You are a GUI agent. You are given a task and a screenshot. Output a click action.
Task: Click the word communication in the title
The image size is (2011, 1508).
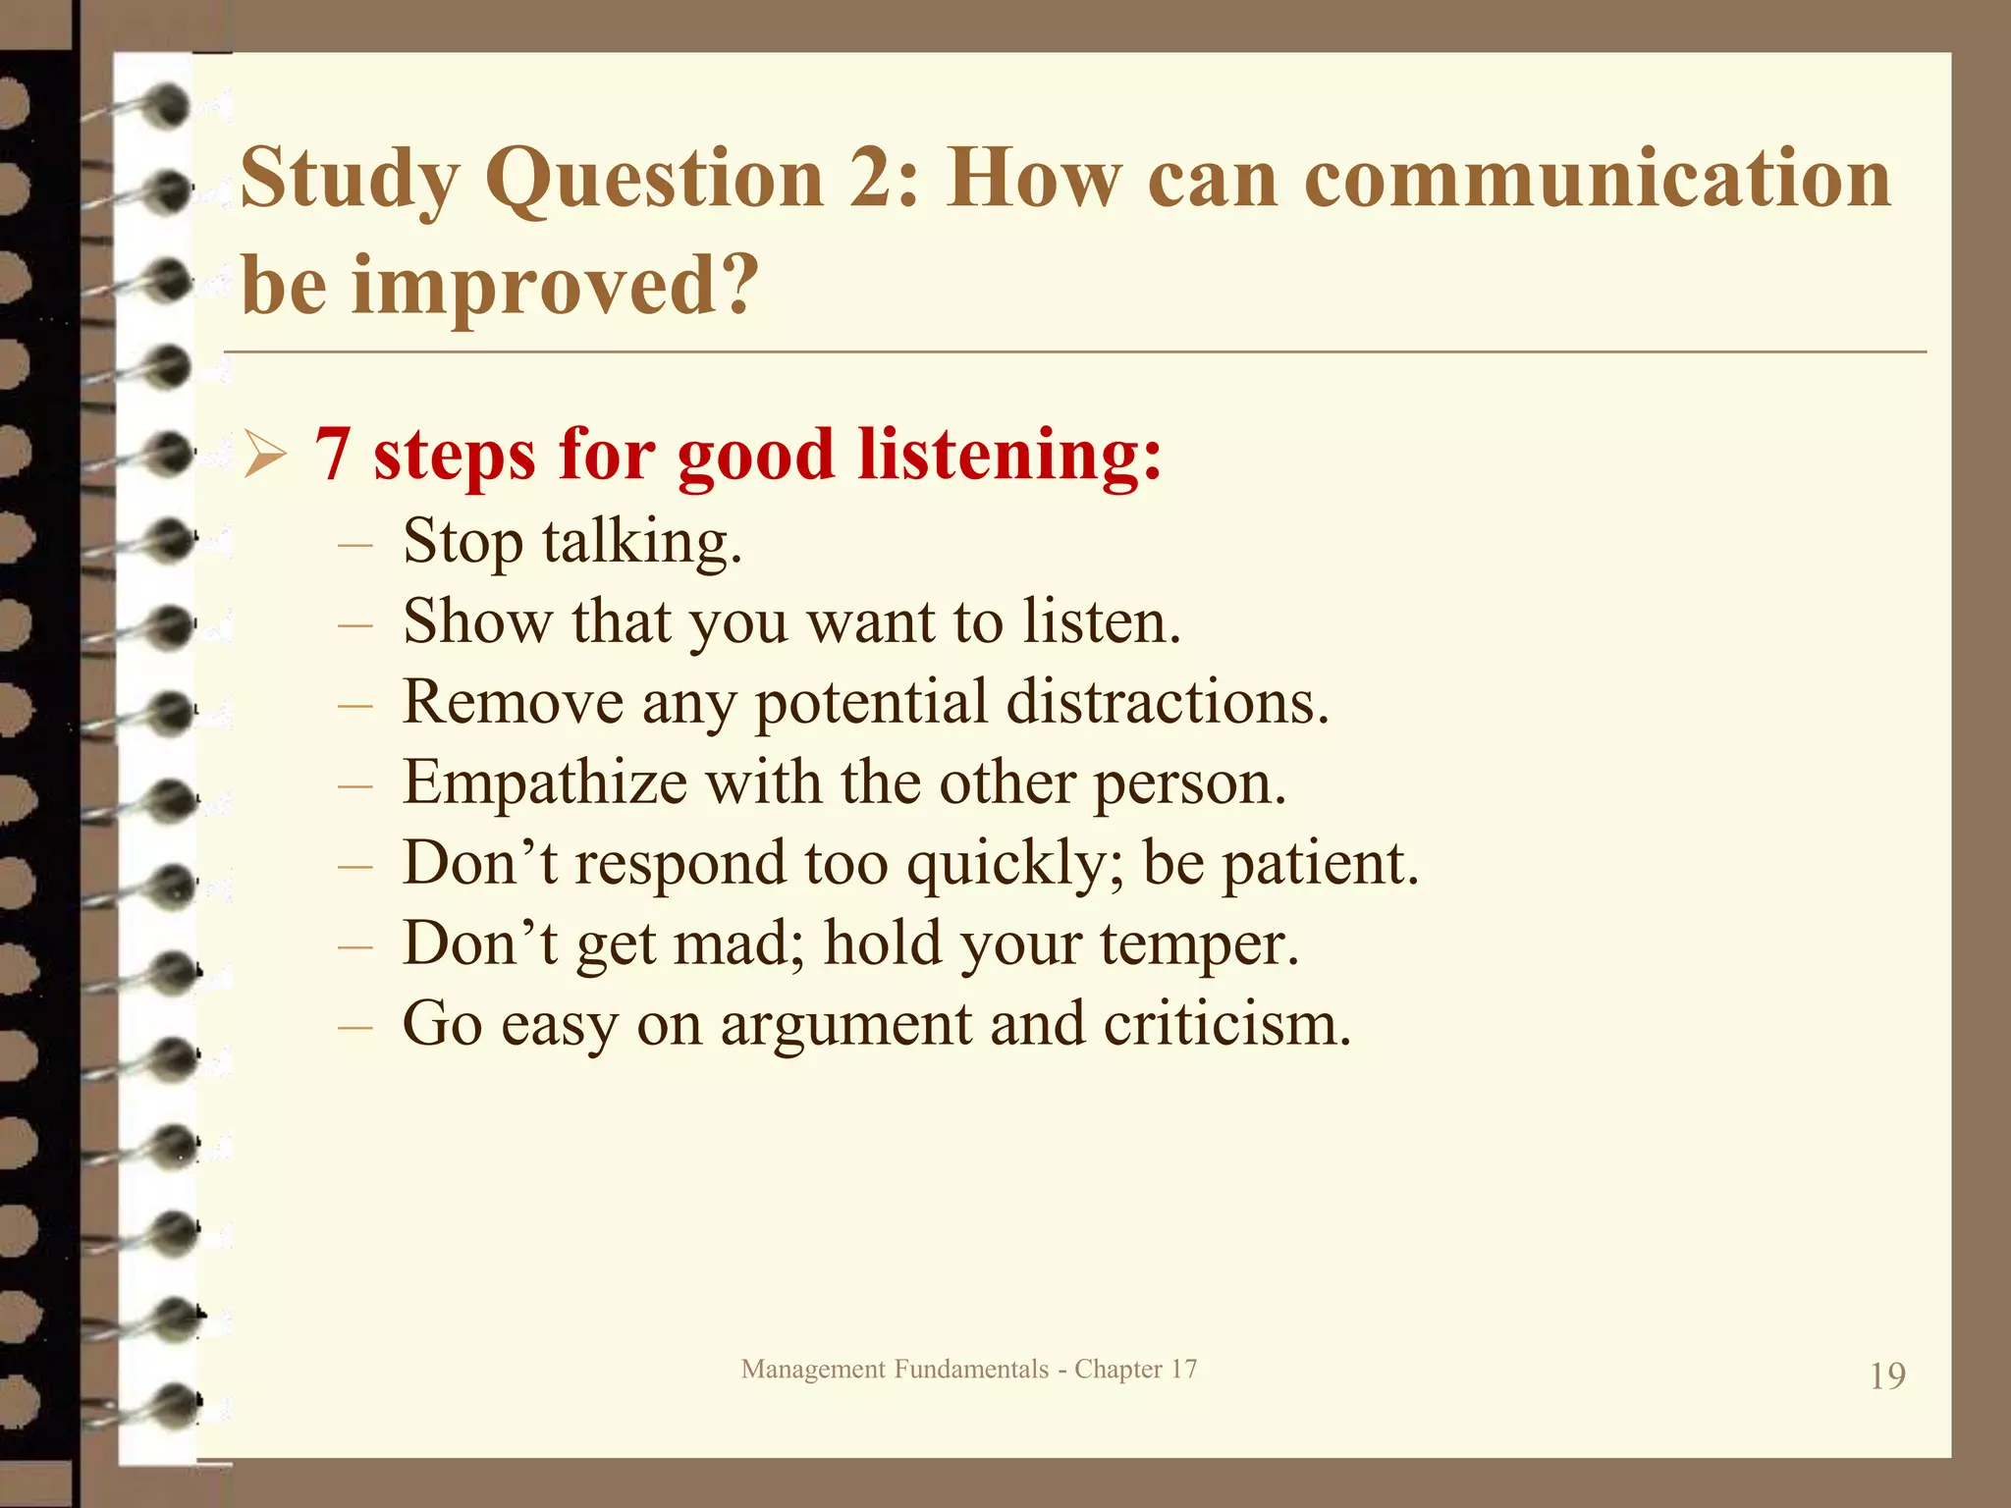(1597, 179)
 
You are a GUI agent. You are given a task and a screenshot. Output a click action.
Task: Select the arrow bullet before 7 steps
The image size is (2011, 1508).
(264, 457)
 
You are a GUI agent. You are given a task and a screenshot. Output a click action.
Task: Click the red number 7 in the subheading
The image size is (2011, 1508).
(332, 455)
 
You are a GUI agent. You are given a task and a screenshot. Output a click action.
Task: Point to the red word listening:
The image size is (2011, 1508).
(1009, 455)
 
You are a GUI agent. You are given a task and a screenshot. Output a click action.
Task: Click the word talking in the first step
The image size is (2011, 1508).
(641, 542)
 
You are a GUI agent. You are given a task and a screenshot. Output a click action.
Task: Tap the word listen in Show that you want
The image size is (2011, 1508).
(1101, 622)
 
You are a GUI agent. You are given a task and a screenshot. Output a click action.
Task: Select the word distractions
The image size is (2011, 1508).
(1168, 703)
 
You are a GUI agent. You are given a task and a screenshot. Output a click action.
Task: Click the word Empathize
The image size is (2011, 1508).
(545, 783)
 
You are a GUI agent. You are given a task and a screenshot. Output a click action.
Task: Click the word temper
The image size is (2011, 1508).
(1198, 944)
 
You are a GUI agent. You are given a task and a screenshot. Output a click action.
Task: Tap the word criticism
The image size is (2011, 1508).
(1226, 1025)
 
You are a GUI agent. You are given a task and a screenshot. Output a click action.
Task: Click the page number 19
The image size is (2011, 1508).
(1886, 1376)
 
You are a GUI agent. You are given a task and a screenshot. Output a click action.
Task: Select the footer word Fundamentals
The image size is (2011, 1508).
(971, 1370)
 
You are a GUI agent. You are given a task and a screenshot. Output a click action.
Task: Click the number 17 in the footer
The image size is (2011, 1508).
(1183, 1370)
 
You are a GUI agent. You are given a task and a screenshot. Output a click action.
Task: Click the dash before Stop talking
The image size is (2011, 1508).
(354, 544)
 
